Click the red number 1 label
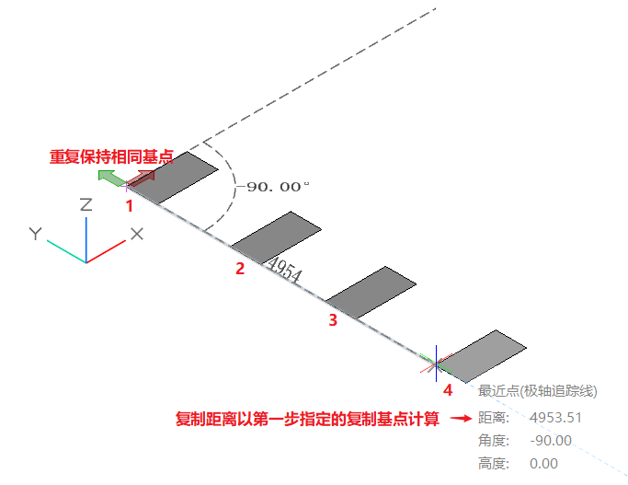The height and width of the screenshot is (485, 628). point(130,206)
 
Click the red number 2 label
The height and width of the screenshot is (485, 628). point(240,269)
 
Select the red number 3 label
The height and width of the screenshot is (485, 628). point(333,320)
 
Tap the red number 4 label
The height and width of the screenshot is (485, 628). point(448,390)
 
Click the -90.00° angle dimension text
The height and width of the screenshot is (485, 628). point(278,186)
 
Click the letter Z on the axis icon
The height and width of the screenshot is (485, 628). point(86,204)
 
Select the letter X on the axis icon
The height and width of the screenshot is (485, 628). point(137,234)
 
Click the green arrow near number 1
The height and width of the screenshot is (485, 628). point(110,178)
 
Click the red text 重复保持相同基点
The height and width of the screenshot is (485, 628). point(111,156)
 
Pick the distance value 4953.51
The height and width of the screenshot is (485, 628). point(557,418)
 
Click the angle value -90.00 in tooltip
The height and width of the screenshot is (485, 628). point(552,441)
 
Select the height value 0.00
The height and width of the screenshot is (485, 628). point(544,464)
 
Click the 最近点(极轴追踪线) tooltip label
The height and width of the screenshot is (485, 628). point(540,391)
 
